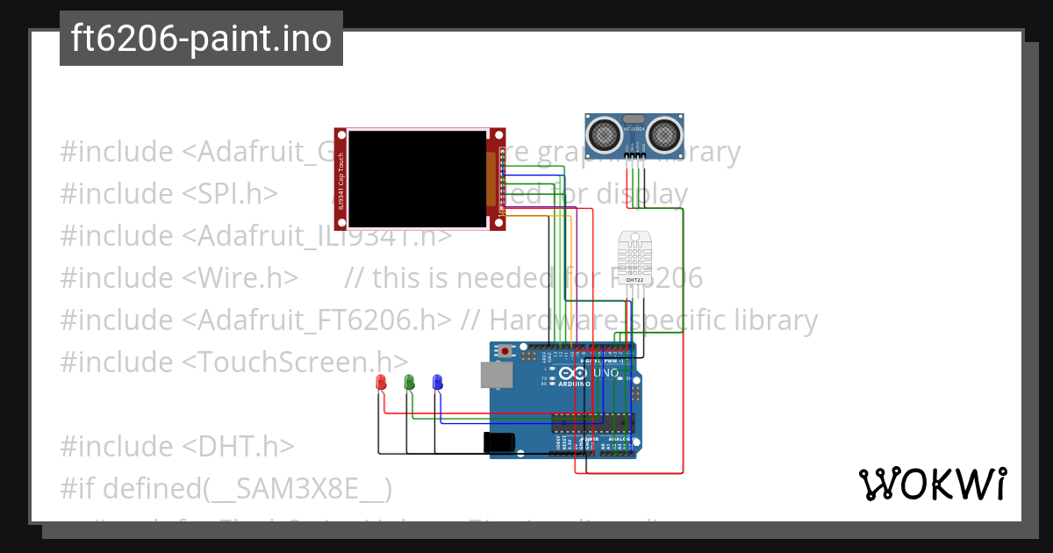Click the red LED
[x=381, y=383]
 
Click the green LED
[x=409, y=383]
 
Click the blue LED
[x=437, y=383]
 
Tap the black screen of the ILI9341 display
[x=417, y=179]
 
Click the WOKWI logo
[x=932, y=484]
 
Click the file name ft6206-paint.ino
[x=201, y=39]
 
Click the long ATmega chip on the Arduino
[x=580, y=423]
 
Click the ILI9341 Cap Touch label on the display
[x=340, y=179]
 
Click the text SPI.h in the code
[x=236, y=194]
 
